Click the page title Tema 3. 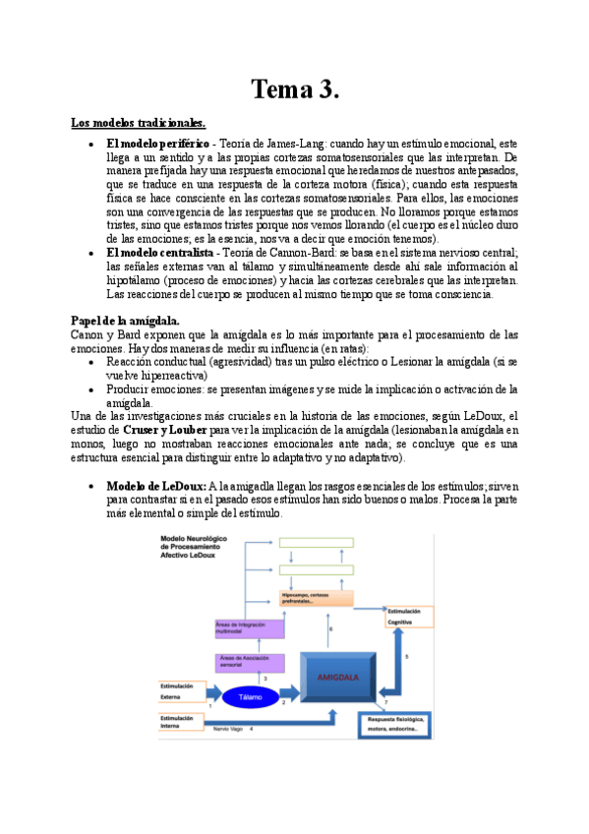tap(295, 89)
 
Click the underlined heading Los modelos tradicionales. tap(138, 124)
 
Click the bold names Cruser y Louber tap(166, 431)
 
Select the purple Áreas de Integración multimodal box tap(249, 627)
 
